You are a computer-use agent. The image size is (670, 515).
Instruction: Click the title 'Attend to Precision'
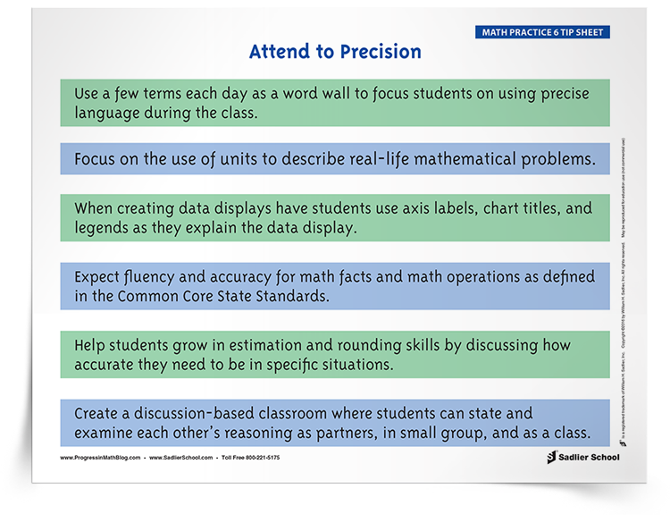point(335,52)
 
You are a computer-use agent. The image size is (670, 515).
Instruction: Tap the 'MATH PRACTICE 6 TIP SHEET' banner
point(542,33)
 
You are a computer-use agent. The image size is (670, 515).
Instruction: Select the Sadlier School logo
point(582,457)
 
